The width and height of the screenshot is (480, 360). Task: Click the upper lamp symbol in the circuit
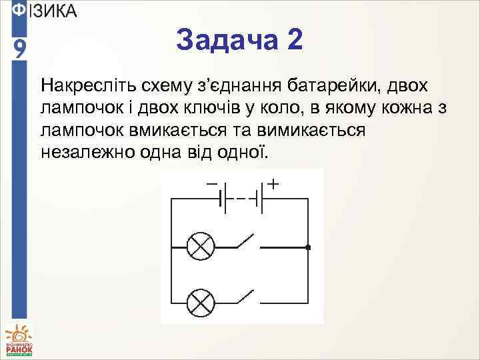[199, 247]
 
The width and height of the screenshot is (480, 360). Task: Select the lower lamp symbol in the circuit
[199, 303]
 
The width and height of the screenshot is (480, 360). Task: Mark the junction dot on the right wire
[308, 247]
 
